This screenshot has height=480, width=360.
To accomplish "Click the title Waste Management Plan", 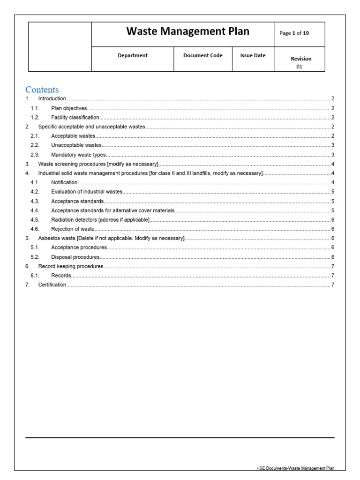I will coord(187,32).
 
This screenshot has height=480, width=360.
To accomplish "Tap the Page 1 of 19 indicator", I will coord(294,33).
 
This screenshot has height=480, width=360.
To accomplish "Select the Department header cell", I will coord(132,55).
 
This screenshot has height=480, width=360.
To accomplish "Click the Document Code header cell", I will coord(203,55).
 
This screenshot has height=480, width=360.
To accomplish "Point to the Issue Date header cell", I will coord(253,55).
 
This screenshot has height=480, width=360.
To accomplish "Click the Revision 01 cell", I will coord(300,62).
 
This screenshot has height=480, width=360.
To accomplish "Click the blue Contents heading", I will coord(42,90).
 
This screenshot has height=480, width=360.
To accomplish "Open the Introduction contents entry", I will coord(52,99).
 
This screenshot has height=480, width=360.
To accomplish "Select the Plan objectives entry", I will coord(69,108).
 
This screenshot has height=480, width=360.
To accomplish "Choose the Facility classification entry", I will coord(75,118).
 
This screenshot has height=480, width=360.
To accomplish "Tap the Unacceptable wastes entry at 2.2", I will coord(76,145).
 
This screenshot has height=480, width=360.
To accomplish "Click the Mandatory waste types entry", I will coord(78,155).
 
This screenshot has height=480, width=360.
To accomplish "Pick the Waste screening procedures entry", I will coord(98,164).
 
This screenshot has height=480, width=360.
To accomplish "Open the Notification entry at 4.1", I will coord(64,182).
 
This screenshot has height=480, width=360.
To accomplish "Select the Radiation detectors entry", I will coord(100,220).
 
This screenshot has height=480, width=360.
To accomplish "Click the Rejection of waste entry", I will coord(73,229).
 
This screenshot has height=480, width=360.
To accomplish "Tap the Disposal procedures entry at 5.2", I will coord(75,257).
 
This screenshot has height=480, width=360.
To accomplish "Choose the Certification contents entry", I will coord(52,285).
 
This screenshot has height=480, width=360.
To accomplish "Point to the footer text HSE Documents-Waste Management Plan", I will coord(295,468).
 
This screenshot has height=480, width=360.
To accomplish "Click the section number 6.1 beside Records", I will coord(35,276).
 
